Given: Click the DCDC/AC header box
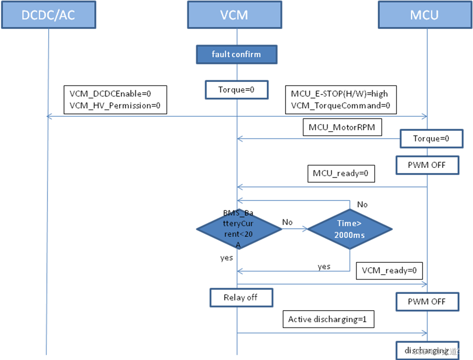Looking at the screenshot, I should point(48,14).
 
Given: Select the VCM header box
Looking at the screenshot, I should point(234,14).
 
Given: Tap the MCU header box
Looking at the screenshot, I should point(424,14).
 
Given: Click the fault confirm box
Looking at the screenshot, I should point(236,54).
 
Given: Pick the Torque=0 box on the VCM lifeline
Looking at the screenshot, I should point(236,90).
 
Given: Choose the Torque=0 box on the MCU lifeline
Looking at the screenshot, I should point(431,139).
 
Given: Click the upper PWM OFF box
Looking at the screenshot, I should point(427,165).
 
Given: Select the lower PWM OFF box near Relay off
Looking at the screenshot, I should point(427,302).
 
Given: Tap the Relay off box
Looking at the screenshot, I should point(241,298).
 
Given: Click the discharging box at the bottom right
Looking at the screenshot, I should point(427,350).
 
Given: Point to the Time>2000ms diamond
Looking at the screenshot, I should point(350,229).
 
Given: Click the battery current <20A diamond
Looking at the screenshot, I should point(239,229).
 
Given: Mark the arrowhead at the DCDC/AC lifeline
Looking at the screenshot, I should point(49,117).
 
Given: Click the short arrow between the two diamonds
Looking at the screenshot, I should point(295,228).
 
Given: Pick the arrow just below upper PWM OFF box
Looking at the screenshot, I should point(331,187).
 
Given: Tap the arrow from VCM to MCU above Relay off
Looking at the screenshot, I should point(331,284).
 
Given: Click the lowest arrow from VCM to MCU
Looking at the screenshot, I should point(331,332).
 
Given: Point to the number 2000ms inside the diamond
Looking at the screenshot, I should point(350,235).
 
